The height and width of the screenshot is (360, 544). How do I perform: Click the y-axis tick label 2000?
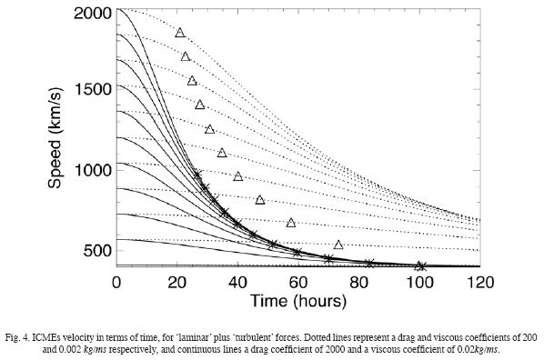click(x=90, y=14)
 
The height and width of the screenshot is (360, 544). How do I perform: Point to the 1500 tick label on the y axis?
click(x=90, y=88)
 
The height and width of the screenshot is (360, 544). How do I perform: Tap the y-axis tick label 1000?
click(x=90, y=169)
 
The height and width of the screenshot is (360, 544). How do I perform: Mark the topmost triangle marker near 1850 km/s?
click(x=180, y=33)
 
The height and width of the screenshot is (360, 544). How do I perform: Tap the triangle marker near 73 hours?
click(x=338, y=245)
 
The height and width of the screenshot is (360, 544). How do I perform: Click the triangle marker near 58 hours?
click(x=291, y=223)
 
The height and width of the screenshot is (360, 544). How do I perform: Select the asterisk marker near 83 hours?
click(x=368, y=264)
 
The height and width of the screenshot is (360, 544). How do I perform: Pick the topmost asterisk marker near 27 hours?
click(x=197, y=174)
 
